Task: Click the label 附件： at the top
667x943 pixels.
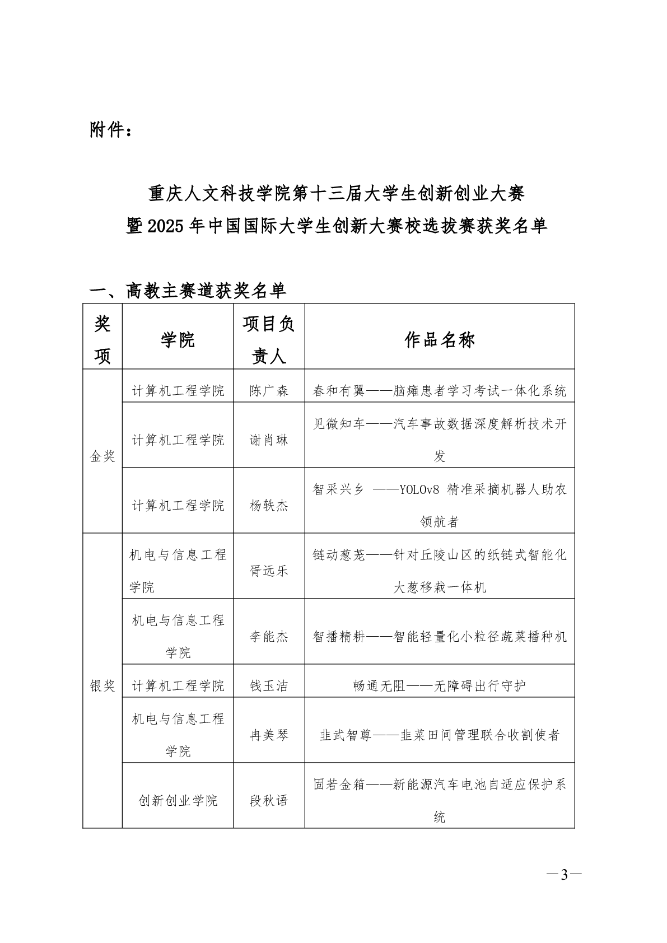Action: point(111,130)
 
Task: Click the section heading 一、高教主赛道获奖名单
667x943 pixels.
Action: point(188,290)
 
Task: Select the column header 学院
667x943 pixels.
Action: point(178,339)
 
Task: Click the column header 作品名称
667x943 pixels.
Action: point(439,339)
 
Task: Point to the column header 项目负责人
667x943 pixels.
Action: point(269,339)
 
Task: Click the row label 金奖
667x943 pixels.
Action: point(102,456)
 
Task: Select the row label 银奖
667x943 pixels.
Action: point(102,685)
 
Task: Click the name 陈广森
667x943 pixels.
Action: point(269,391)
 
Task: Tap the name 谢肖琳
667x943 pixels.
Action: point(269,440)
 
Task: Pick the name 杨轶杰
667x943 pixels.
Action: point(269,506)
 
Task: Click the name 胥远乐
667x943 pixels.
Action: point(269,571)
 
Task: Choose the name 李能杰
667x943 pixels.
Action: point(269,636)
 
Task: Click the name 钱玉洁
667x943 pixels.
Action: point(269,685)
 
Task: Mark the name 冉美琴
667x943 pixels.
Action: point(269,735)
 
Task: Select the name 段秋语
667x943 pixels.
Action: point(269,800)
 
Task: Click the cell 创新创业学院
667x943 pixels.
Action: point(178,800)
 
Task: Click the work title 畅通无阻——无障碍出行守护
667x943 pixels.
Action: point(439,685)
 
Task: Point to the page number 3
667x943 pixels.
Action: point(564,875)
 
